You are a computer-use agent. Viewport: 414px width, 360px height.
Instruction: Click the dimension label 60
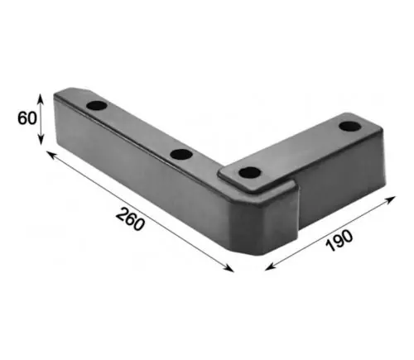coord(27,118)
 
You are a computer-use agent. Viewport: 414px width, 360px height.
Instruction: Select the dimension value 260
coord(130,219)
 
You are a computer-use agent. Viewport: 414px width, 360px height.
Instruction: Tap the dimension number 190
coord(339,241)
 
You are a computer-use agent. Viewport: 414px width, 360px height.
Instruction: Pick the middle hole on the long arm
coord(181,154)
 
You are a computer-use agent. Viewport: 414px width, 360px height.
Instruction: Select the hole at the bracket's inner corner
coord(250,173)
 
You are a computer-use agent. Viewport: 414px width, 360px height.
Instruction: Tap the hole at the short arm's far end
coord(350,126)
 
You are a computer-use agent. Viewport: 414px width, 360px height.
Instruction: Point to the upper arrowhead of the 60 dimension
coord(41,97)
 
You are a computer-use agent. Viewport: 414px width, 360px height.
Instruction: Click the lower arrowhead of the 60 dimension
coord(41,141)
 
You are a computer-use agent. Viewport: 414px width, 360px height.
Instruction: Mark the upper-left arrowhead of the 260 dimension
coord(51,154)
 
